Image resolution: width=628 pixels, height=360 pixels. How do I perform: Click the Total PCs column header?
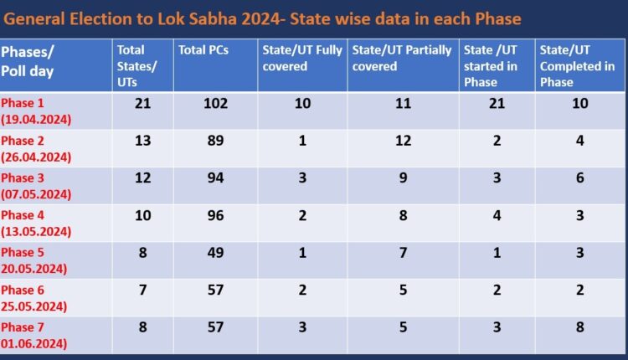(x=203, y=50)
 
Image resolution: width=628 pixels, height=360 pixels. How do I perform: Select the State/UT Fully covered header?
(x=302, y=58)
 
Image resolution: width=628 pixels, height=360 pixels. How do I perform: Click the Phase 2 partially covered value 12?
(x=403, y=141)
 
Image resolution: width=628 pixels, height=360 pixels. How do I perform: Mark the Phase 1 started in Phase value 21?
(x=497, y=103)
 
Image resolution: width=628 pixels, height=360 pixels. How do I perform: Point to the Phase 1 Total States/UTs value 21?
(x=143, y=103)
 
